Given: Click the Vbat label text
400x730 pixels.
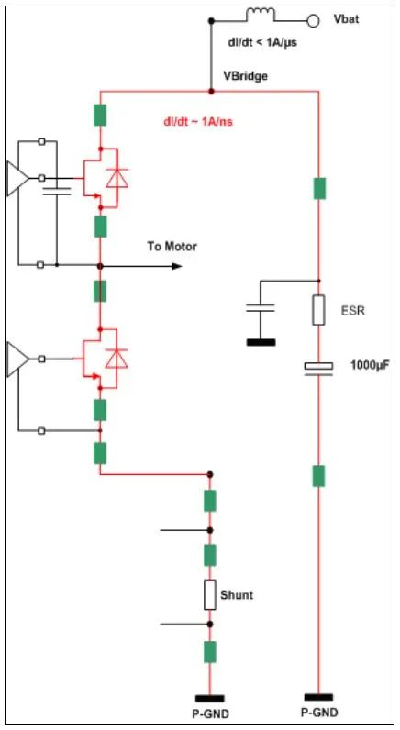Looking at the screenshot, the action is click(x=347, y=20).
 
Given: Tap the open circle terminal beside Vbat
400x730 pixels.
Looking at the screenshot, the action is click(x=313, y=20).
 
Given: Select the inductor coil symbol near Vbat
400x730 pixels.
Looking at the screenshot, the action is click(x=261, y=14).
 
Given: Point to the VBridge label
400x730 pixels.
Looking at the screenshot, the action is click(x=247, y=75).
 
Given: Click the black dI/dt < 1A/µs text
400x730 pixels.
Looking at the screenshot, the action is click(x=261, y=43).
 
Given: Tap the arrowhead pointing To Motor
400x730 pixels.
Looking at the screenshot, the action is click(x=176, y=266).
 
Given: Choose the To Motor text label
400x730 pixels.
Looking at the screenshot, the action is click(x=172, y=247).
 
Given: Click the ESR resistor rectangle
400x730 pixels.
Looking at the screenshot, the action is click(x=318, y=310).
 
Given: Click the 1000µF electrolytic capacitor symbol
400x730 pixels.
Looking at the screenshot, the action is click(x=318, y=368).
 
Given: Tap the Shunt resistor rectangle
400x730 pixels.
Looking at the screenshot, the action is click(x=210, y=595).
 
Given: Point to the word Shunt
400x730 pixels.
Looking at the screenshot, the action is click(x=237, y=595).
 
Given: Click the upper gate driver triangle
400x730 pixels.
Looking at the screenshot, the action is click(x=17, y=178).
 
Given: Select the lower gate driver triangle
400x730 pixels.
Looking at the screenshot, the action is click(x=17, y=359).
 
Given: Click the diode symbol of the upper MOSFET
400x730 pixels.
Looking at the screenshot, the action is click(x=117, y=178).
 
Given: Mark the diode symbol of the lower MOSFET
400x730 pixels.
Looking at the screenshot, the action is click(x=117, y=358).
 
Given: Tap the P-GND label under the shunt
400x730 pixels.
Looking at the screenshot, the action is click(x=210, y=713).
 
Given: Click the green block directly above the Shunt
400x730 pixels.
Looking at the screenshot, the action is click(x=210, y=555).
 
